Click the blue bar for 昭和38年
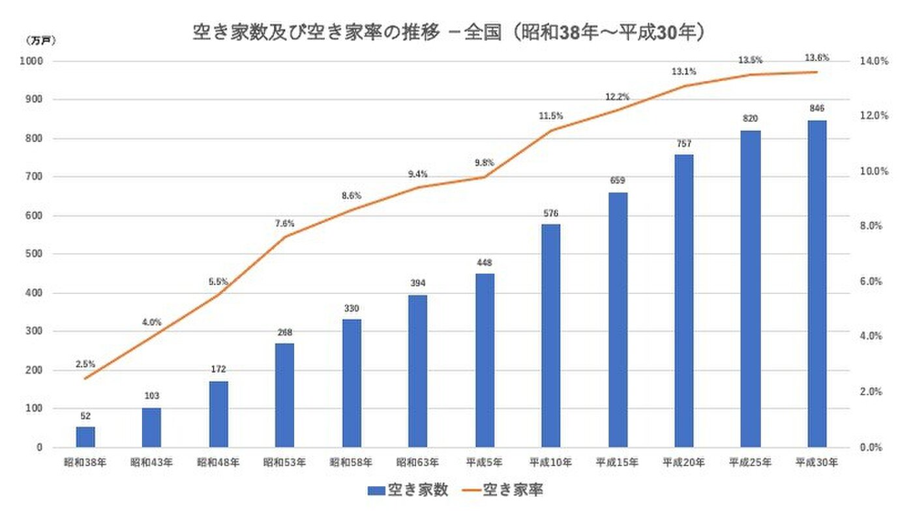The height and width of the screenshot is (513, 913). click(x=85, y=437)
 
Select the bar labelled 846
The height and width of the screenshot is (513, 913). click(x=816, y=284)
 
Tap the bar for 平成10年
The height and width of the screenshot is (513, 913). click(x=551, y=336)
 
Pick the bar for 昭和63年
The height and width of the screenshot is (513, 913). click(x=418, y=371)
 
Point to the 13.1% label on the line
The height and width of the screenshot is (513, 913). click(x=683, y=71)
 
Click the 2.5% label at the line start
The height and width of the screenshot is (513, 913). click(x=85, y=364)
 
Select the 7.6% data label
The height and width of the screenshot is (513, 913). click(x=285, y=223)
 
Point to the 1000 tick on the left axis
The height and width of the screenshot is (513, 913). click(x=32, y=61)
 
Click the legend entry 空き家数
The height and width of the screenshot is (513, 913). click(x=408, y=490)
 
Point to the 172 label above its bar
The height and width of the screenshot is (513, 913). click(x=218, y=370)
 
